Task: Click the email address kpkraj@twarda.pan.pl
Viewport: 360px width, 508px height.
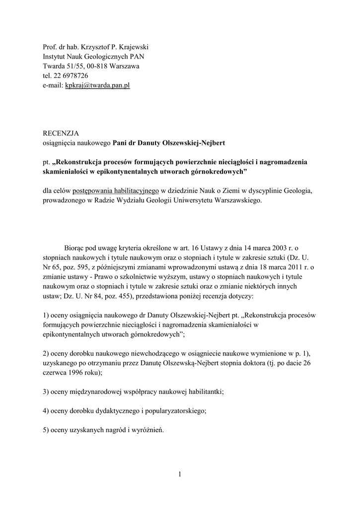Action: tap(97, 85)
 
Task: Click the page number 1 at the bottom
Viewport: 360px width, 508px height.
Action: tap(180, 475)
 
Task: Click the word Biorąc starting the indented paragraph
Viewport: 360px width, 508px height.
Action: tap(75, 247)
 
